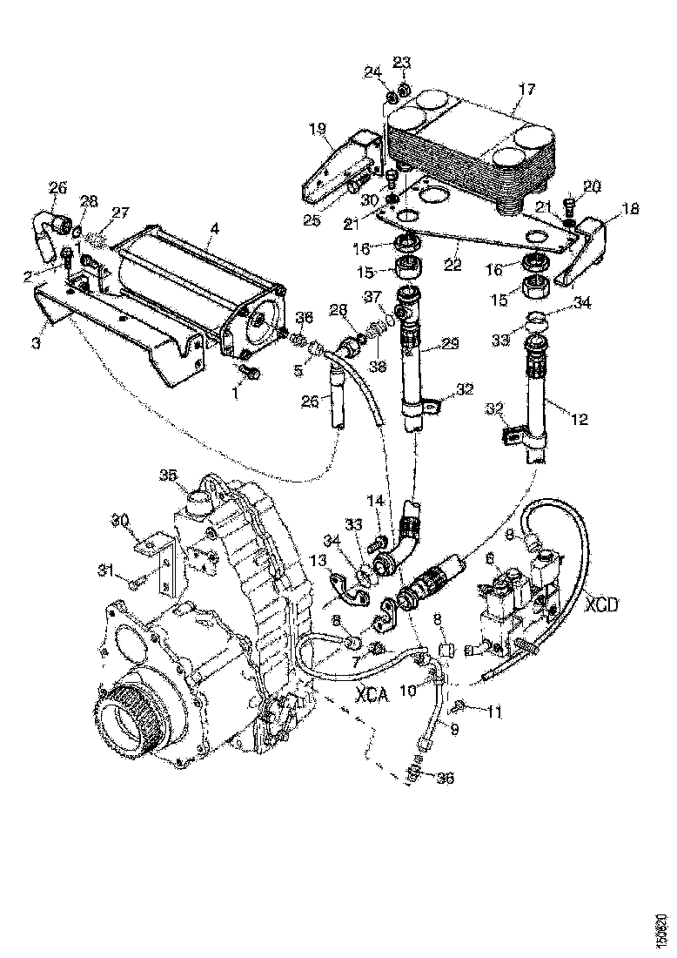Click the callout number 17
[x=526, y=89]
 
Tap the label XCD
[x=601, y=603]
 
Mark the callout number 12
[x=579, y=419]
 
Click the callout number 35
[x=168, y=475]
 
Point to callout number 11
[x=494, y=713]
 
